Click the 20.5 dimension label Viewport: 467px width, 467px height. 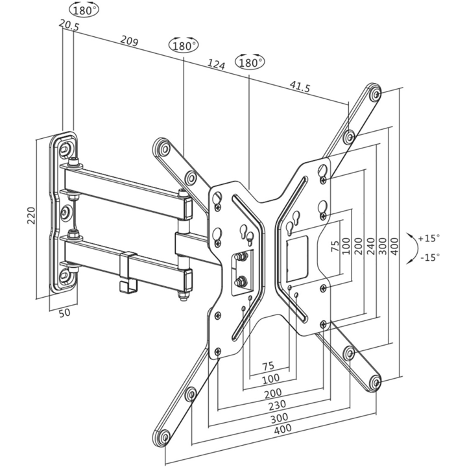(69, 25)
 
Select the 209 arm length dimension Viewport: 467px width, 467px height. (129, 41)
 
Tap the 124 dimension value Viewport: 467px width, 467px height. (216, 64)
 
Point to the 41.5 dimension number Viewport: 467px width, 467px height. (300, 87)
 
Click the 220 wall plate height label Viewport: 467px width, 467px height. (31, 215)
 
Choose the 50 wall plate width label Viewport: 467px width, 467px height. (64, 313)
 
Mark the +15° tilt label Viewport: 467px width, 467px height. (429, 238)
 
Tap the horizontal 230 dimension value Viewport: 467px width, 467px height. (278, 405)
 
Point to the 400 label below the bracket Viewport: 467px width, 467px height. (283, 429)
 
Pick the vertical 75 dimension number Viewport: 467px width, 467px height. (335, 246)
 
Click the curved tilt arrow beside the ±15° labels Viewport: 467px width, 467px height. (414, 248)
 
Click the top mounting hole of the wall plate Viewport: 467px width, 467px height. (65, 148)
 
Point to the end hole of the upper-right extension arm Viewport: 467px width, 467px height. (376, 95)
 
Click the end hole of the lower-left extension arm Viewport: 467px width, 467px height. (165, 437)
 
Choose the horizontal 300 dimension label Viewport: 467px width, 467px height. (279, 418)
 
